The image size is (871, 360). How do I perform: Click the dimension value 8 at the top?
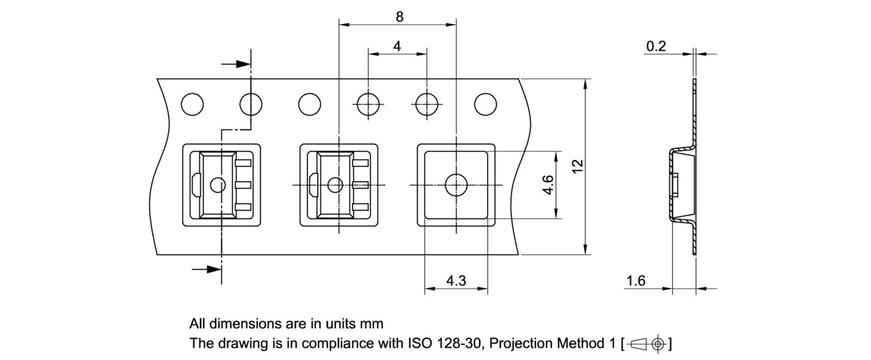pos(399,17)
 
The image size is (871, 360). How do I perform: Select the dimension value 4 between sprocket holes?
pos(397,46)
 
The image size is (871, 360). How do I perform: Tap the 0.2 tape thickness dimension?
pos(656,46)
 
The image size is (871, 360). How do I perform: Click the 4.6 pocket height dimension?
pos(548,184)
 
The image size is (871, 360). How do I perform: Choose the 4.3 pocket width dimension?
pos(456,280)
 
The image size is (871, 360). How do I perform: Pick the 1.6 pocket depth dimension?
pos(636,280)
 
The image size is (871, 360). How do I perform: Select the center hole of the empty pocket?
pos(455,184)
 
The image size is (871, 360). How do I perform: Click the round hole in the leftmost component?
pos(218,184)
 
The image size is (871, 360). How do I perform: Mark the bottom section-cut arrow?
pos(207,269)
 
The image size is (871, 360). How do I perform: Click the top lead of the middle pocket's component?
pos(361,163)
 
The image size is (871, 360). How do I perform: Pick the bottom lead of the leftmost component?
pos(244,207)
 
